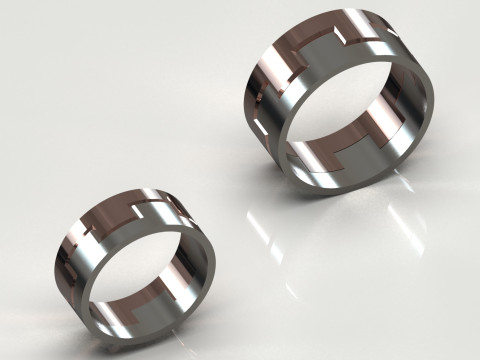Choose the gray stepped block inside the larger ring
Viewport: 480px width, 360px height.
(330, 155)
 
